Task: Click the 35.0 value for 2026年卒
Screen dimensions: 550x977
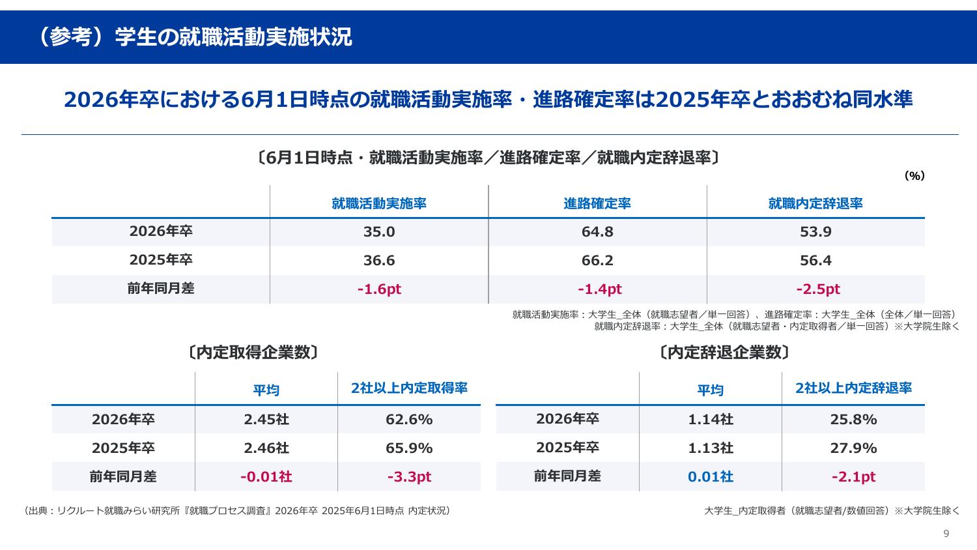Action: tap(379, 232)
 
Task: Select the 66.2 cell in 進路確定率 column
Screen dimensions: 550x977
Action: tap(597, 261)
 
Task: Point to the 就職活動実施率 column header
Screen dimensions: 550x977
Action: tap(379, 203)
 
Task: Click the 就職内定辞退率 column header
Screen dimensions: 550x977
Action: tap(815, 203)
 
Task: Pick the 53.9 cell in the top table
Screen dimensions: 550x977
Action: tap(815, 232)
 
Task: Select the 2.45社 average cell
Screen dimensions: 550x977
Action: tap(266, 420)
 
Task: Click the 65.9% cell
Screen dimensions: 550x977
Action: tap(409, 448)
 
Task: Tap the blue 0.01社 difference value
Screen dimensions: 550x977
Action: tap(710, 477)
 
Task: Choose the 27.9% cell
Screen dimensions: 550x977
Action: tap(853, 448)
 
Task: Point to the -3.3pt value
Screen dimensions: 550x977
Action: tap(409, 477)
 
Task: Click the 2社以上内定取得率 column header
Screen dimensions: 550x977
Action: tap(409, 388)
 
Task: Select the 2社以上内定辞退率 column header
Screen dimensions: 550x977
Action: tap(853, 388)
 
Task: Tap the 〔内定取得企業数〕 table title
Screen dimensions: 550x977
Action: tap(253, 353)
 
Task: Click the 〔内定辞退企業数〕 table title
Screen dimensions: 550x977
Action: tap(724, 353)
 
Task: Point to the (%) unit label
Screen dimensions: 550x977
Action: tap(914, 176)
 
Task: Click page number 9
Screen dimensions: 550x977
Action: tap(946, 534)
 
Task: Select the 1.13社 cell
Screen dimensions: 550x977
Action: tap(710, 448)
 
